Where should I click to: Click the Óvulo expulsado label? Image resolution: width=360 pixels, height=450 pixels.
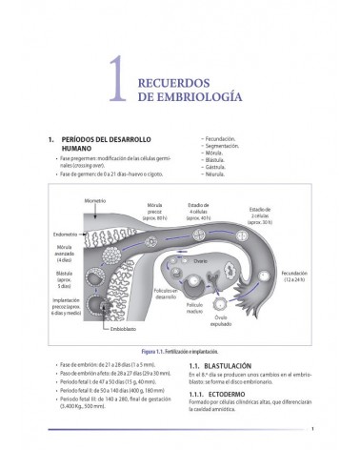tap(248, 320)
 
